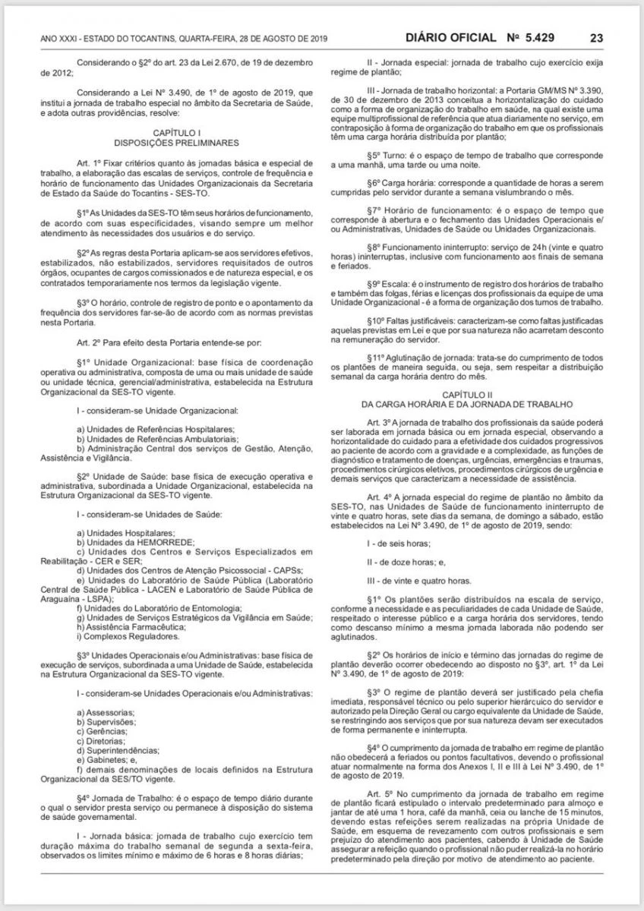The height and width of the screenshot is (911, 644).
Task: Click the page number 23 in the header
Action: coord(596,37)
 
